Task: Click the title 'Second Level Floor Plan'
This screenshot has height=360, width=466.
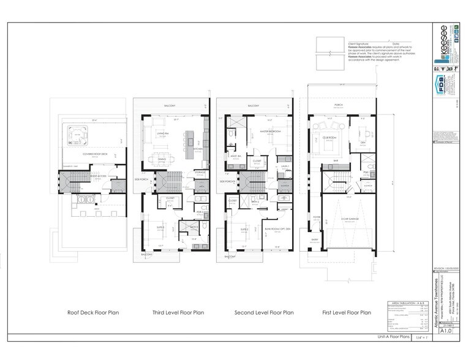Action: point(263,313)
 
